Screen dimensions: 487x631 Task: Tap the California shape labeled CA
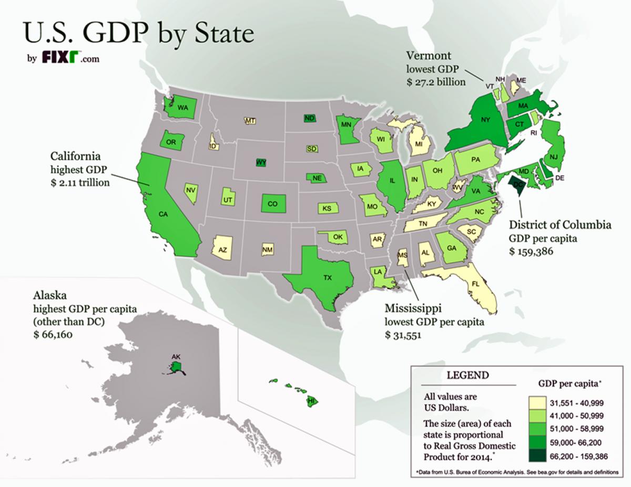tap(163, 210)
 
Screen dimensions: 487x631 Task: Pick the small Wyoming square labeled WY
tap(261, 162)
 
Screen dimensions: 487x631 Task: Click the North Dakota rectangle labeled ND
tap(310, 118)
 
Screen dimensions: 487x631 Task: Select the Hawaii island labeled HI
tap(311, 401)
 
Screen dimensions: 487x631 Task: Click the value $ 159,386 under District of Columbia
tap(533, 251)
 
